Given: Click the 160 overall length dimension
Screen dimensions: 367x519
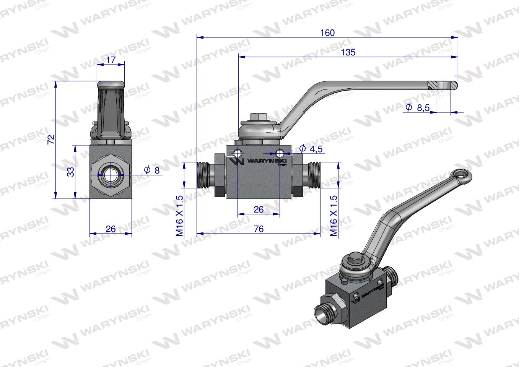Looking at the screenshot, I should pyautogui.click(x=327, y=32).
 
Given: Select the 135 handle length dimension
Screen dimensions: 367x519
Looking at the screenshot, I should pyautogui.click(x=348, y=52).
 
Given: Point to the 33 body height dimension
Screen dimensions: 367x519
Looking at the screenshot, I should pyautogui.click(x=70, y=172).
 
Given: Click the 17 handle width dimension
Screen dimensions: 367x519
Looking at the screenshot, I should pyautogui.click(x=111, y=60).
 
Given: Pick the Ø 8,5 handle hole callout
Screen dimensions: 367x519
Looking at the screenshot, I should pyautogui.click(x=418, y=108).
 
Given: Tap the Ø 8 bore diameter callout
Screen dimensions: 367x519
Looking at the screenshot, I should pyautogui.click(x=152, y=170).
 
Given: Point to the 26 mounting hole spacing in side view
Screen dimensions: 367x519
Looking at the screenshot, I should pyautogui.click(x=259, y=209).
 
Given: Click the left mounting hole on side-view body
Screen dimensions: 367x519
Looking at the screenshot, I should pyautogui.click(x=238, y=153).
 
